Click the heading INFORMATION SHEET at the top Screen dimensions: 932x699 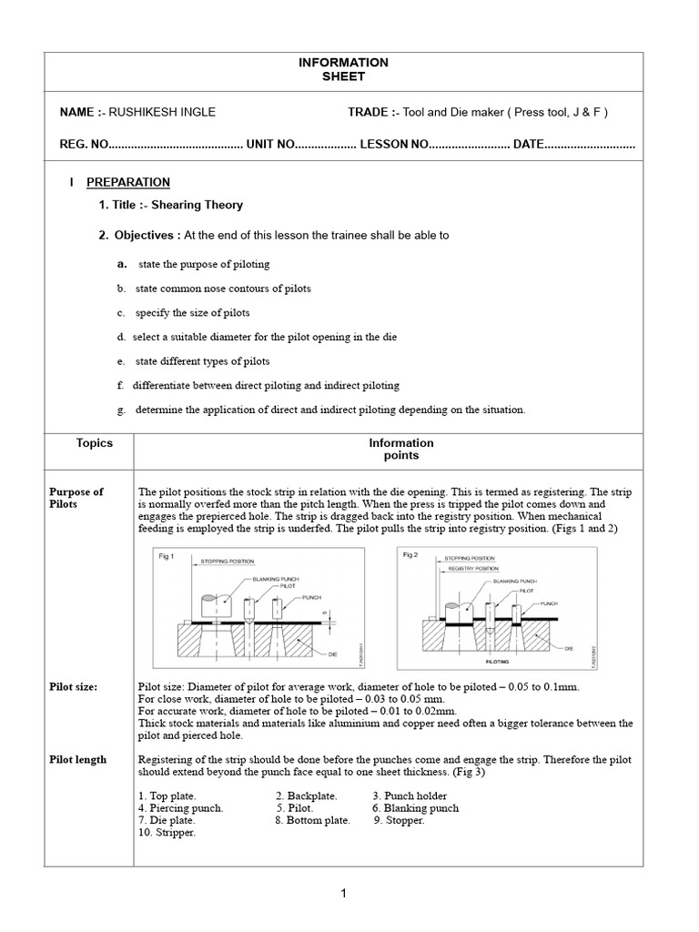[x=343, y=69]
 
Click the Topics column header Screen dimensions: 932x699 [x=95, y=443]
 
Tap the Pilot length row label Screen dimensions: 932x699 [x=77, y=759]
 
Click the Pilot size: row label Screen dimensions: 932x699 [x=74, y=687]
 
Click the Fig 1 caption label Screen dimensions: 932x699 [x=166, y=556]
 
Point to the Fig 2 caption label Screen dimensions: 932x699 [x=410, y=554]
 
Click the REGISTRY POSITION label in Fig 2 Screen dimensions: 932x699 [x=471, y=568]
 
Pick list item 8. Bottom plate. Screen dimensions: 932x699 [x=312, y=820]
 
